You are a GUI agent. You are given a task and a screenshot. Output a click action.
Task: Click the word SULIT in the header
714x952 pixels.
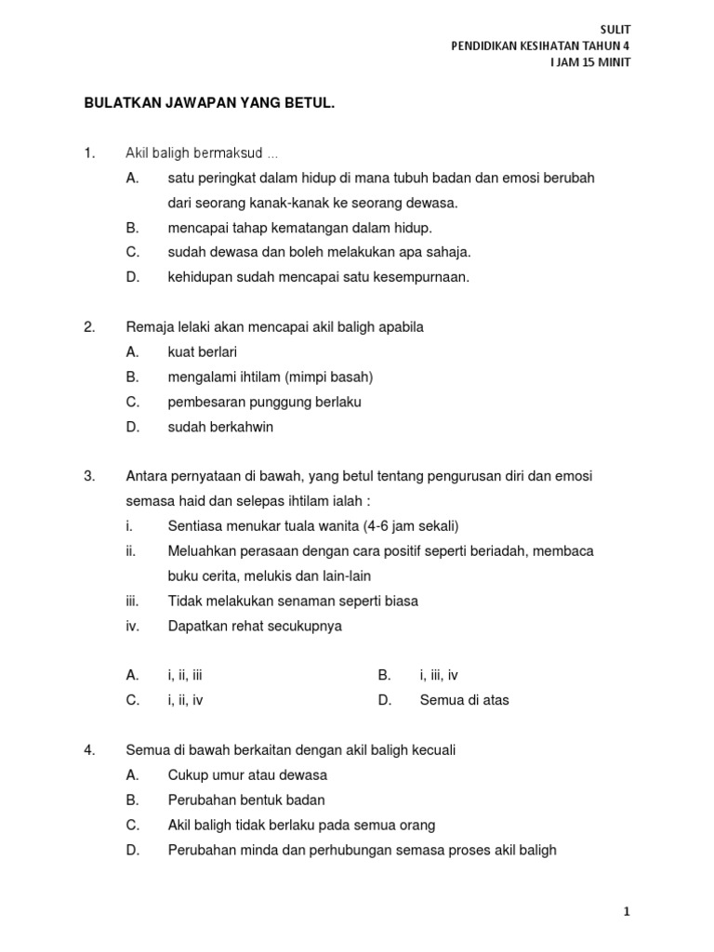tap(615, 29)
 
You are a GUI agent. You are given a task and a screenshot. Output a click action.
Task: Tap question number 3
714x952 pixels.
tap(89, 476)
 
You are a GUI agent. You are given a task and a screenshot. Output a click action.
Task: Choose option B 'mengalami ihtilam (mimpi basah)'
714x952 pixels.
tap(270, 377)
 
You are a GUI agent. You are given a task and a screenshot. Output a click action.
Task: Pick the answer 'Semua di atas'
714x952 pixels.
tap(464, 700)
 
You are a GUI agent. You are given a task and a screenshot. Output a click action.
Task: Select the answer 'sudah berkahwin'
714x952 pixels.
tap(220, 427)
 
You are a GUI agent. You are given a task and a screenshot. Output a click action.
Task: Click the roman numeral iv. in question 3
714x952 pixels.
tap(132, 626)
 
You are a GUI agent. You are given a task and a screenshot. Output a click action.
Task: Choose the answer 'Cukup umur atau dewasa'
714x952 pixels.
tap(247, 774)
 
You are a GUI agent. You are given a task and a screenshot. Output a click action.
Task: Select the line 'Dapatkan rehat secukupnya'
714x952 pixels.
tap(255, 626)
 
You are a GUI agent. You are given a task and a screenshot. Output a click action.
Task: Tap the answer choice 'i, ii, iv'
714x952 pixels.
tap(185, 700)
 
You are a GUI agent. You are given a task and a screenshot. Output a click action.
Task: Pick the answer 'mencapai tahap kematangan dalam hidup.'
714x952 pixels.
tap(300, 227)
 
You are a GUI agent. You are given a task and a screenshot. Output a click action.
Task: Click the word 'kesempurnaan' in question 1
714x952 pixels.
tap(423, 277)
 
